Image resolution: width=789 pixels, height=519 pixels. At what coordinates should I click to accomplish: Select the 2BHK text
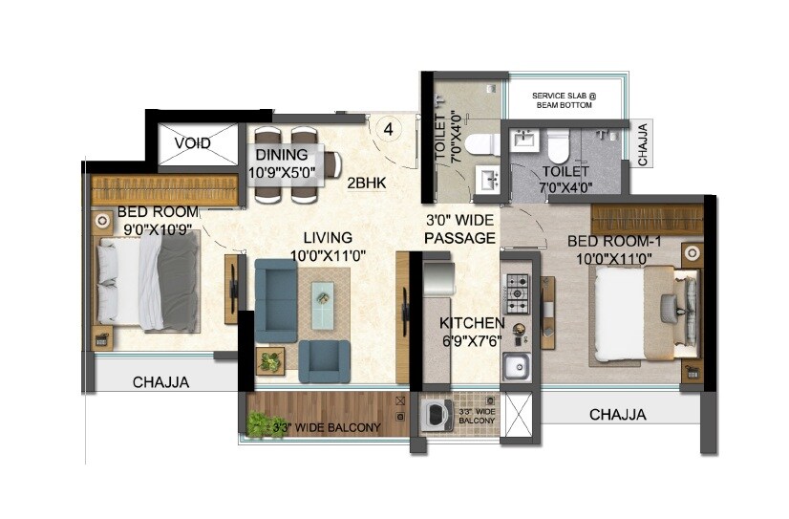(366, 184)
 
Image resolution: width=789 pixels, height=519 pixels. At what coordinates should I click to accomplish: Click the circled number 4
(389, 128)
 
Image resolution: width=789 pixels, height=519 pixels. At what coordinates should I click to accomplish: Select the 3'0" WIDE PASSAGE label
(460, 229)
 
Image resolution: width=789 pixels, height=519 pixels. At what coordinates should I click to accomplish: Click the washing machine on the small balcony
(434, 417)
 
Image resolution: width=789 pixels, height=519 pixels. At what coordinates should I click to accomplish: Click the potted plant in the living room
(271, 361)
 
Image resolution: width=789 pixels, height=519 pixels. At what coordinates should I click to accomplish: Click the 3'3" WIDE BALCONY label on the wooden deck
(327, 427)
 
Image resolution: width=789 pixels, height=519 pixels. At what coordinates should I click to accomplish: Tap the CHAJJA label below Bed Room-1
(617, 415)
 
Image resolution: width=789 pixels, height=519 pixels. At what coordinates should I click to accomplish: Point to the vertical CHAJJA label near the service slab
(643, 143)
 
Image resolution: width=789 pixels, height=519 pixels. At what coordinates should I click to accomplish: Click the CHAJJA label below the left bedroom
(160, 382)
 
